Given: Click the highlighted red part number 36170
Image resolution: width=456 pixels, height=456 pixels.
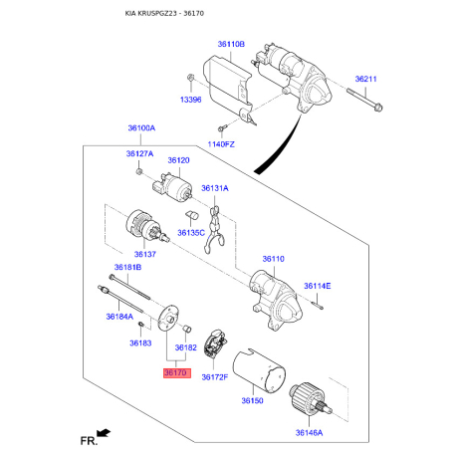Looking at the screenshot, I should click(175, 372).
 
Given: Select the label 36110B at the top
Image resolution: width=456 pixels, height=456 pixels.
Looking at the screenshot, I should click(231, 45).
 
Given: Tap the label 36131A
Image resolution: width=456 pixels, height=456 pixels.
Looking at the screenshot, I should click(214, 187).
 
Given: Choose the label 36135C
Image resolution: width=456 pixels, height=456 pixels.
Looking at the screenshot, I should click(190, 232).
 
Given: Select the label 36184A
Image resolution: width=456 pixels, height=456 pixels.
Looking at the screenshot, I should click(118, 317).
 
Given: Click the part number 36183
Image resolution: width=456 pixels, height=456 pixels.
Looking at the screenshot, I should click(139, 342).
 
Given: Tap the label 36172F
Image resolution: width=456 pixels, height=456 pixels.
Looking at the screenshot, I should click(214, 377).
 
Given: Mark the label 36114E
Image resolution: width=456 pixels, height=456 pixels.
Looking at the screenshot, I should click(318, 286).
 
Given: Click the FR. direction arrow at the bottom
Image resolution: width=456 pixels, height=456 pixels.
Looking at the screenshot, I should click(101, 435).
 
